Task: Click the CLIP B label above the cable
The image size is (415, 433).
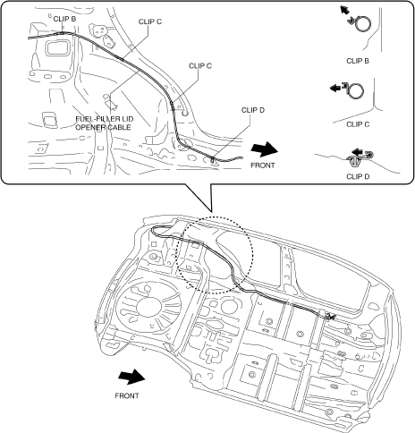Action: click(x=64, y=19)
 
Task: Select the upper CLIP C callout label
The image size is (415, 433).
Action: click(x=150, y=21)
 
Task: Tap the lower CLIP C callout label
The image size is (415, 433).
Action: click(x=200, y=66)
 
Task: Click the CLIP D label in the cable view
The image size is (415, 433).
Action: click(x=253, y=110)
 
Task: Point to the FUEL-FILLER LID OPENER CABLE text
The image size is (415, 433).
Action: click(x=105, y=123)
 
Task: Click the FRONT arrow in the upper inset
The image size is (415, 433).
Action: click(x=264, y=149)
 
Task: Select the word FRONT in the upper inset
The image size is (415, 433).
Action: click(x=263, y=166)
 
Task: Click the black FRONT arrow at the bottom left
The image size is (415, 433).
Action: click(x=131, y=377)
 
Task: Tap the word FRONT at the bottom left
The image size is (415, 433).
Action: click(x=127, y=396)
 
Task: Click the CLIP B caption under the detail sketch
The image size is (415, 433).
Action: click(x=358, y=61)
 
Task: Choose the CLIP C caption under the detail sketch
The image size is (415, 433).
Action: click(x=358, y=124)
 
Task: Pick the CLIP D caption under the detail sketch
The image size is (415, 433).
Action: click(x=358, y=176)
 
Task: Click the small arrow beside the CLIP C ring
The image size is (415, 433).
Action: click(x=336, y=88)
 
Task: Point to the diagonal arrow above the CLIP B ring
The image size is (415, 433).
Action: click(x=344, y=10)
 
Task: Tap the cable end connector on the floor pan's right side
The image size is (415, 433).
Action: click(x=328, y=316)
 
